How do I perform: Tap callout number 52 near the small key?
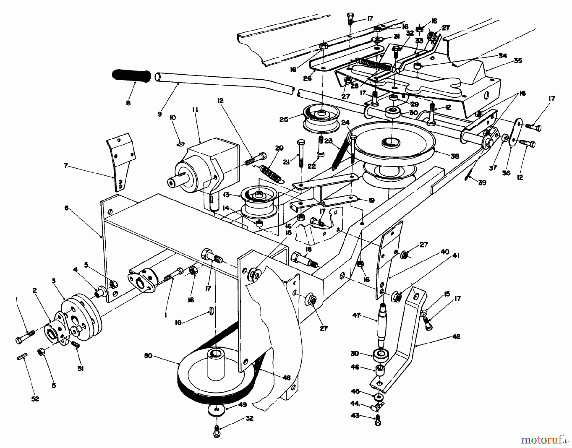[35, 399]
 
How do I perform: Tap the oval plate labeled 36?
[512, 133]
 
